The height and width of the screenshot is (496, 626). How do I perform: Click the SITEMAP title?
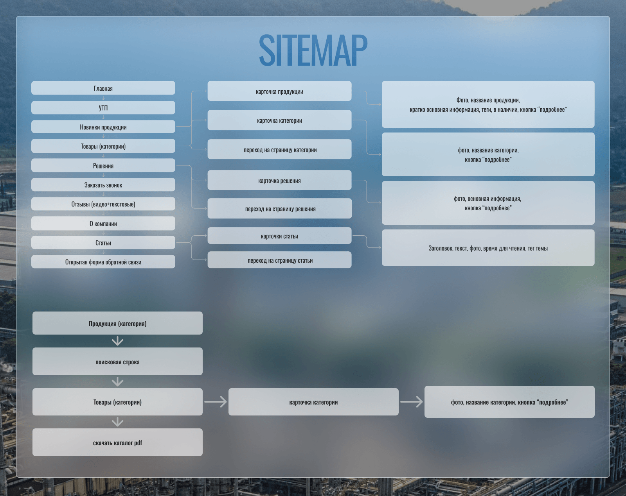click(313, 50)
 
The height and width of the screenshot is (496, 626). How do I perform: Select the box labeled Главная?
click(103, 88)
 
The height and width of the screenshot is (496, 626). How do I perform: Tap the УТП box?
click(103, 108)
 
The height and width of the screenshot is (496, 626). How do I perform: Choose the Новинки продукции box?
click(103, 127)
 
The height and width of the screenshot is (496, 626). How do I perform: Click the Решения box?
click(103, 166)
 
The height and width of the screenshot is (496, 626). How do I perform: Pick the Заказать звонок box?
click(103, 185)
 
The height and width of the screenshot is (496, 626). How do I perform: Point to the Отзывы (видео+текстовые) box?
click(103, 204)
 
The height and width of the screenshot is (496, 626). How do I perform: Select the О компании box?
click(103, 224)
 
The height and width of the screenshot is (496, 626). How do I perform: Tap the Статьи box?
click(103, 243)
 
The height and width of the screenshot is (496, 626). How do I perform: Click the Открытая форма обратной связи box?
click(103, 262)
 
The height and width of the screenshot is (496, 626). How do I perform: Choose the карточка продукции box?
click(279, 91)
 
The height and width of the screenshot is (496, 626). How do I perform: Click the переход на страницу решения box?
click(280, 209)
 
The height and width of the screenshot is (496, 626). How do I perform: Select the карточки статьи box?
click(279, 236)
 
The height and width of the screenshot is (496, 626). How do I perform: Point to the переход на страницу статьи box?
click(279, 260)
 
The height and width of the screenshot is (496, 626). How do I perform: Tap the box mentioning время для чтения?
click(488, 248)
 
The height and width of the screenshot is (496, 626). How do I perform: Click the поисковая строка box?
click(117, 362)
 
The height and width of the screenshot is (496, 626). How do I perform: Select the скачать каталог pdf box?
click(117, 443)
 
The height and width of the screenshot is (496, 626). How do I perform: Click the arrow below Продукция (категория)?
click(117, 341)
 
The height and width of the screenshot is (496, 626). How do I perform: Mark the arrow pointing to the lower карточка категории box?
click(216, 402)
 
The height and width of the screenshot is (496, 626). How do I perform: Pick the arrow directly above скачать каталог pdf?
click(117, 422)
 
